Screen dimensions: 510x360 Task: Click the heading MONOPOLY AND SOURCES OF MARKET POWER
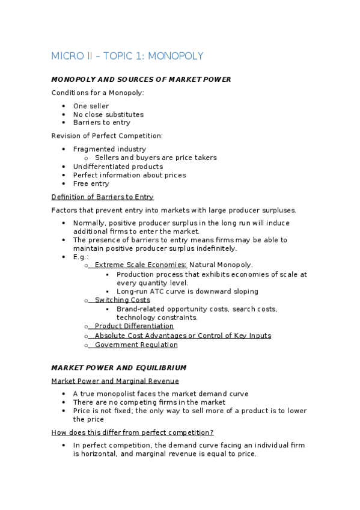point(141,79)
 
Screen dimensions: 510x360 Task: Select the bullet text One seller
point(91,106)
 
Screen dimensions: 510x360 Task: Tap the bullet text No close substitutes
point(108,114)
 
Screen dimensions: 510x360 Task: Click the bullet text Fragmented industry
point(109,149)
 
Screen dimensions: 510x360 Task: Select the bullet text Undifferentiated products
point(118,167)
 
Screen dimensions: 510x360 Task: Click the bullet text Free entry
point(91,184)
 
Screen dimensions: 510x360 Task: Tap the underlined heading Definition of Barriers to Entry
point(102,197)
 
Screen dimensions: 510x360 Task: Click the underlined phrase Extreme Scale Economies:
point(141,265)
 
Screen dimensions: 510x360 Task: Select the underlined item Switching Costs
point(122,300)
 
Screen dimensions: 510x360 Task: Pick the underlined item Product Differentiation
point(134,327)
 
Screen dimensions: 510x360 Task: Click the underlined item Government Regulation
point(136,345)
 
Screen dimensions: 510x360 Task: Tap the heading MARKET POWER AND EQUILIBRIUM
point(119,367)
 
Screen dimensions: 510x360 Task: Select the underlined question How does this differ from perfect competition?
point(132,432)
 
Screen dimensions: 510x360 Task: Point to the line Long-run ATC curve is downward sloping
point(188,292)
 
